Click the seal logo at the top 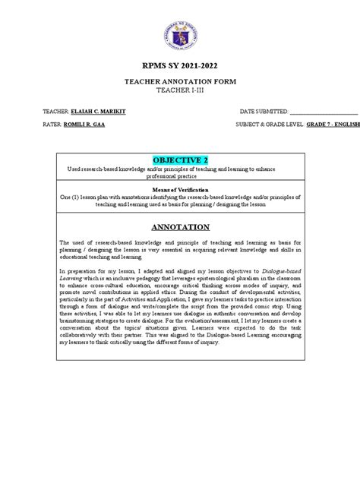179,33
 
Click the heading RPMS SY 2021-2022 180,66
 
